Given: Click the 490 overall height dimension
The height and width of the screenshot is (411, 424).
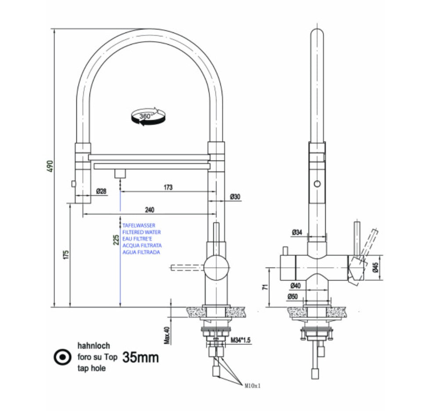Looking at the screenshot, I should pyautogui.click(x=50, y=166).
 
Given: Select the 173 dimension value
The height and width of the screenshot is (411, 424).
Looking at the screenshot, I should pyautogui.click(x=168, y=187).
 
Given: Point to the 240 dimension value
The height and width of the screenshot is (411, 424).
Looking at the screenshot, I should pyautogui.click(x=149, y=210).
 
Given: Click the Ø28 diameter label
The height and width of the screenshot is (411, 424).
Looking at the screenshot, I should pyautogui.click(x=101, y=191).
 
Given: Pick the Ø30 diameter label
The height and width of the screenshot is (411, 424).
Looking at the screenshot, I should pyautogui.click(x=235, y=197).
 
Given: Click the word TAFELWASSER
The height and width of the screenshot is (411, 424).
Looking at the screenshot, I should pyautogui.click(x=139, y=225).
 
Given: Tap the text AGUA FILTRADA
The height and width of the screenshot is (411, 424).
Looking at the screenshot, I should pyautogui.click(x=141, y=252).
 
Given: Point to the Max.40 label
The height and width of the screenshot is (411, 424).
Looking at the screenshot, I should pyautogui.click(x=166, y=335).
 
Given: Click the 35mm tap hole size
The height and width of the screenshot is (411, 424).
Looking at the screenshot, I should pyautogui.click(x=140, y=357).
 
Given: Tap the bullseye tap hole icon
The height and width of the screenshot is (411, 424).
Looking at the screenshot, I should pyautogui.click(x=63, y=357).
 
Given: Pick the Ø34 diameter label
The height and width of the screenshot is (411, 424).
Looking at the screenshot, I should pyautogui.click(x=297, y=232).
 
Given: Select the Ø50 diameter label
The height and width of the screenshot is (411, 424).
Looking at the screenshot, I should pyautogui.click(x=293, y=297).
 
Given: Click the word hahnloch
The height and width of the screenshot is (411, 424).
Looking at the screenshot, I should pyautogui.click(x=93, y=346).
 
